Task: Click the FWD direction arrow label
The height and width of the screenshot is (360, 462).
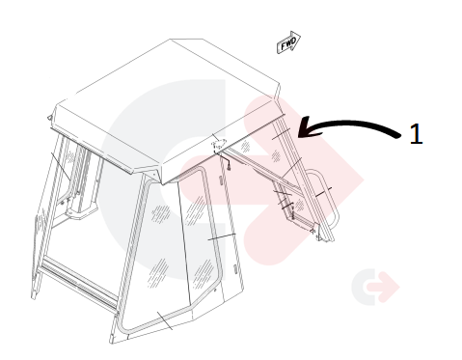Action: point(288,42)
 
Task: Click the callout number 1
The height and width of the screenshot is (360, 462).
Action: point(416,133)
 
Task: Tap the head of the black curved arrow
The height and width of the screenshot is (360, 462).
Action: point(306,128)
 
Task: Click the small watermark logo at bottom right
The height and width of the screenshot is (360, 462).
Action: point(375,287)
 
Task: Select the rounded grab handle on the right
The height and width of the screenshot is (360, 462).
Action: point(331,196)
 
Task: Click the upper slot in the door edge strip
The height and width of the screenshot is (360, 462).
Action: point(221,180)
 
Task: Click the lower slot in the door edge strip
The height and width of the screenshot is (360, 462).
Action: point(235,269)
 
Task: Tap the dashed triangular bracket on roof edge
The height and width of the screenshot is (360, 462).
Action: point(218,143)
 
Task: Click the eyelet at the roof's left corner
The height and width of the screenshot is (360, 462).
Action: point(49,118)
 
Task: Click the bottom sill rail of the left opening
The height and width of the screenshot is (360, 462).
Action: point(79,283)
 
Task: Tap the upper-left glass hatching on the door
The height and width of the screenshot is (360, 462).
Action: point(161,213)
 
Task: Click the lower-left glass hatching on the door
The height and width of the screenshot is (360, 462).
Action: point(158,272)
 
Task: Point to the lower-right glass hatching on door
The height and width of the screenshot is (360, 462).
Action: point(204,274)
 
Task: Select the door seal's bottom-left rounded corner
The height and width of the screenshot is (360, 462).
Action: point(123,325)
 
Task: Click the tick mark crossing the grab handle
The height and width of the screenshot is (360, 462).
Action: point(323,192)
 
